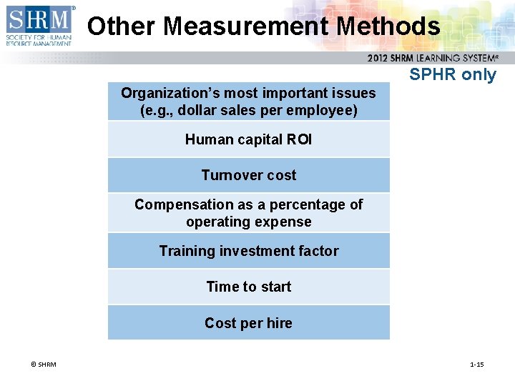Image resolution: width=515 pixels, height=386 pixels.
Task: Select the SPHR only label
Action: (x=452, y=75)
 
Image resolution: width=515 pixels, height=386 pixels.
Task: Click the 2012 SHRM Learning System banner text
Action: (x=433, y=59)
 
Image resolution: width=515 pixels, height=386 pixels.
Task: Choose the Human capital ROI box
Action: (x=248, y=139)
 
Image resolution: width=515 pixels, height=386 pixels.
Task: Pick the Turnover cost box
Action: (x=248, y=175)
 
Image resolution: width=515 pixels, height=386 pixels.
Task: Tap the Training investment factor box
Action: (x=248, y=251)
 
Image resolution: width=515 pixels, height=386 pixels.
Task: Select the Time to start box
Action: (x=248, y=287)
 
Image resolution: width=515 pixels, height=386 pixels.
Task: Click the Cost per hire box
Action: (x=248, y=323)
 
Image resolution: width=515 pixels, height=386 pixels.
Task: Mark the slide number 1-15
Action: (x=476, y=365)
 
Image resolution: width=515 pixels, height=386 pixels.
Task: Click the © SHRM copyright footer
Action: (x=44, y=365)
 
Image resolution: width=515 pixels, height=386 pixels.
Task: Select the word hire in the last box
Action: (x=279, y=323)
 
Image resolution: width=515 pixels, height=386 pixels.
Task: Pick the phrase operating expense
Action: (x=248, y=222)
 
